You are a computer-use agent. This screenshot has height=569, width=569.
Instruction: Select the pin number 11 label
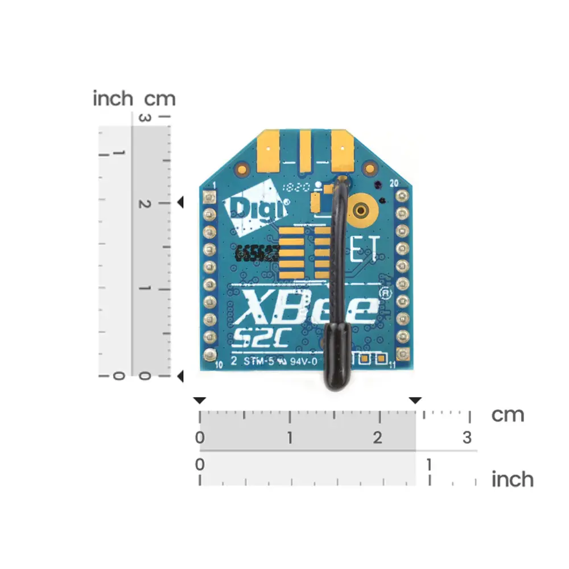pyautogui.click(x=391, y=366)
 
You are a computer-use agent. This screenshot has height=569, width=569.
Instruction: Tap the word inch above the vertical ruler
pyautogui.click(x=113, y=98)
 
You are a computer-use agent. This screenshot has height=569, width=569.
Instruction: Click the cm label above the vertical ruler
pyautogui.click(x=160, y=99)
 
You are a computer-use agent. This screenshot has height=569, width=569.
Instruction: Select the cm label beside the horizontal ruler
pyautogui.click(x=508, y=415)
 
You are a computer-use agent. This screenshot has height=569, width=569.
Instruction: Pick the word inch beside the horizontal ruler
pyautogui.click(x=512, y=479)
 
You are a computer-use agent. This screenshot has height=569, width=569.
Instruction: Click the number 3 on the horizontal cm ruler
pyautogui.click(x=467, y=438)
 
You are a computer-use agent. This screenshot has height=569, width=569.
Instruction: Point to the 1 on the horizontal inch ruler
pyautogui.click(x=429, y=465)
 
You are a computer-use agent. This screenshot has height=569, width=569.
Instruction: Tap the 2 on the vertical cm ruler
pyautogui.click(x=145, y=204)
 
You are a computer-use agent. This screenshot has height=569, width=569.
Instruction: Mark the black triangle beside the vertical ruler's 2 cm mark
pyautogui.click(x=180, y=203)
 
